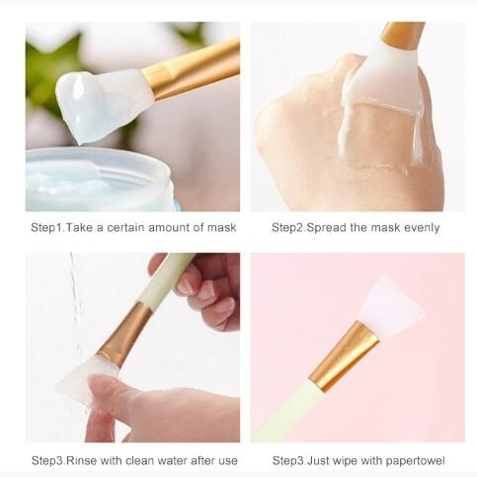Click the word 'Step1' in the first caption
pyautogui.click(x=46, y=228)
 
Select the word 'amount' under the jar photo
pyautogui.click(x=169, y=228)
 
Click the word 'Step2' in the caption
pyautogui.click(x=288, y=228)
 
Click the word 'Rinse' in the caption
pyautogui.click(x=82, y=460)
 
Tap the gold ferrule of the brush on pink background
pyautogui.click(x=344, y=357)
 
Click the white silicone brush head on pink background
pyautogui.click(x=390, y=306)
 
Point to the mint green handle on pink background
pyautogui.click(x=285, y=411)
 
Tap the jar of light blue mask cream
pyautogui.click(x=99, y=180)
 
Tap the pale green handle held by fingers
pyautogui.click(x=166, y=279)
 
